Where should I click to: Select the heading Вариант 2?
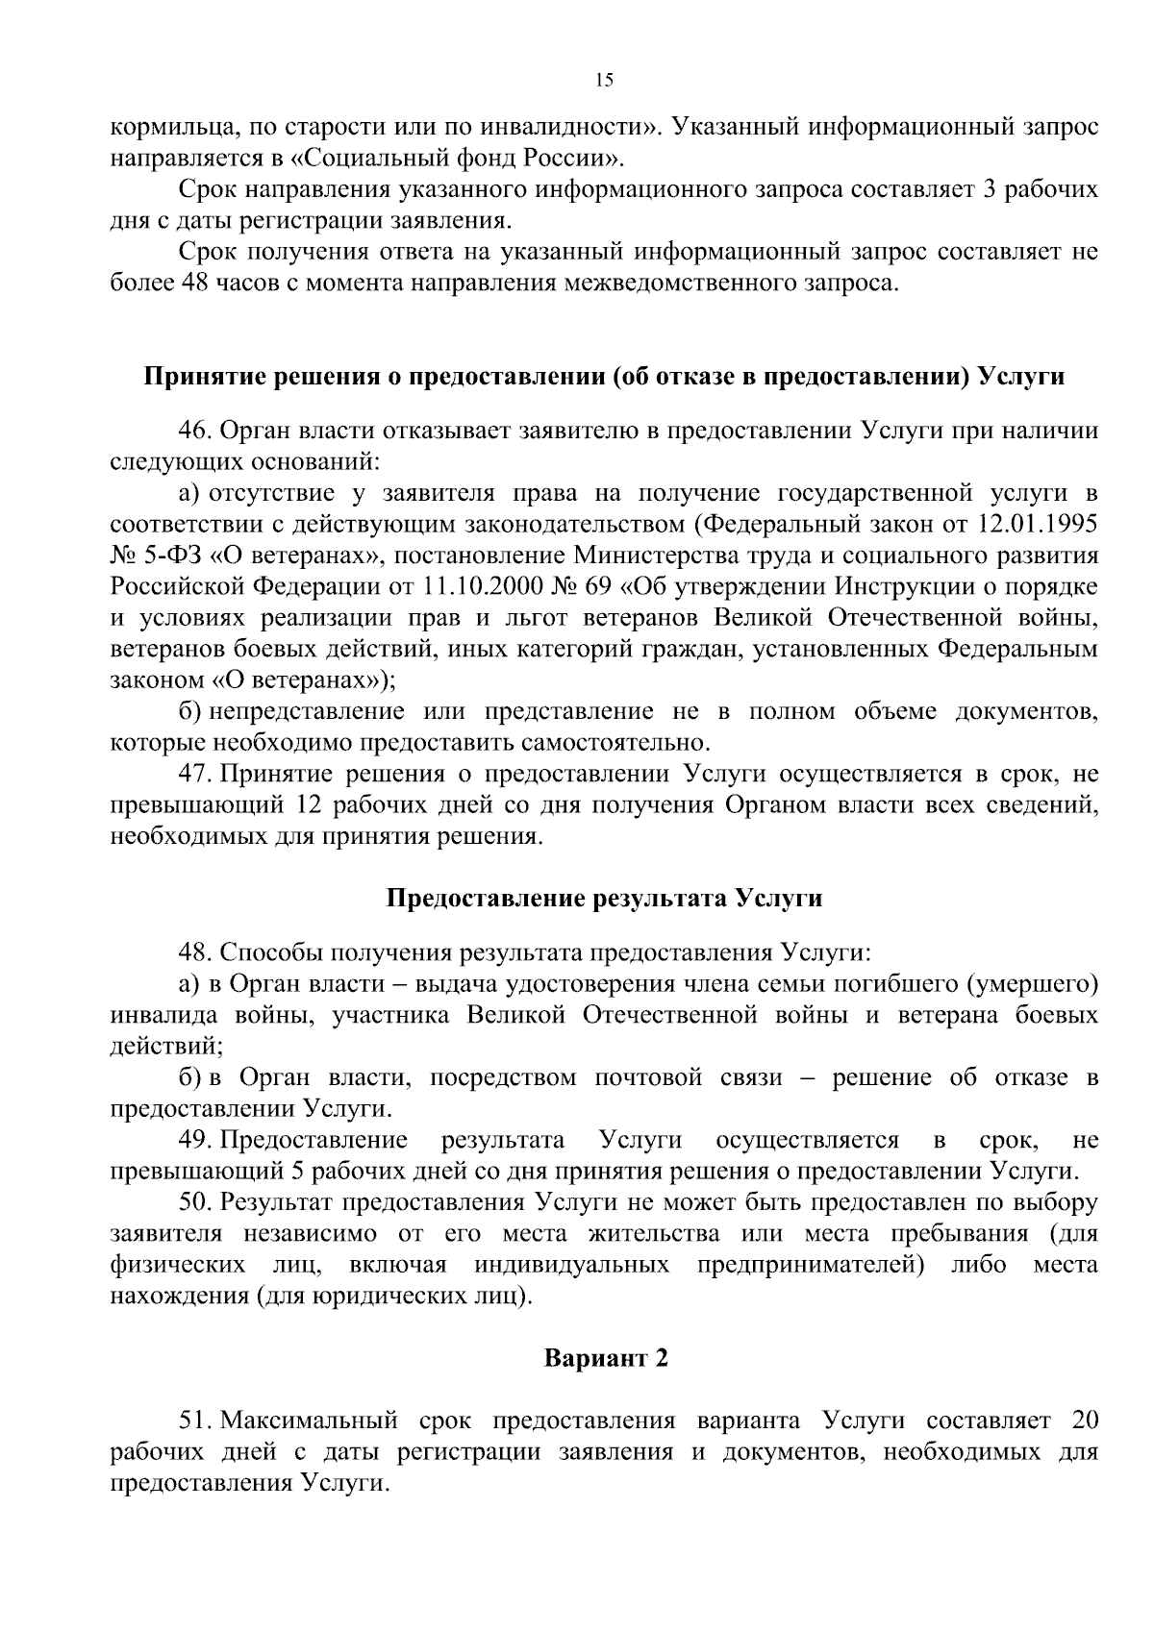605,1358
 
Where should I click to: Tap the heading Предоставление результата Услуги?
604,899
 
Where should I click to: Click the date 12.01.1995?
1041,525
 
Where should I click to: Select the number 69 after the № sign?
578,586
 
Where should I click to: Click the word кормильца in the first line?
164,126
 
